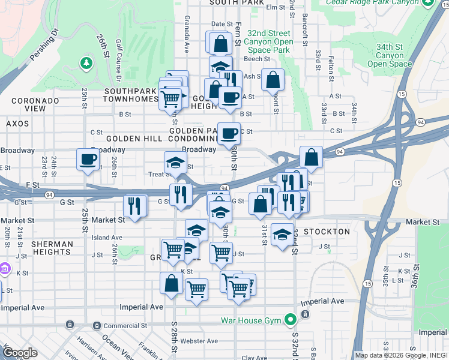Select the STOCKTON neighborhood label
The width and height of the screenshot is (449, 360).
pyautogui.click(x=327, y=232)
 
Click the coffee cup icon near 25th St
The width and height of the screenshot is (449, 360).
pyautogui.click(x=88, y=160)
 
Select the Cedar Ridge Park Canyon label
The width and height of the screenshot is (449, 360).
pyautogui.click(x=372, y=3)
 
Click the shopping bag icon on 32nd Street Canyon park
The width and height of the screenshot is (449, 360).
pyautogui.click(x=273, y=79)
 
